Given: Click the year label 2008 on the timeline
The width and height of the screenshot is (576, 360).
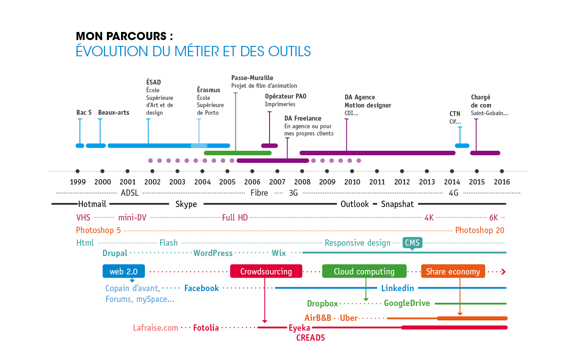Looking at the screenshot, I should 302,182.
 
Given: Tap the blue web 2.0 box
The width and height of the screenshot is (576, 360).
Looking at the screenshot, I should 124,271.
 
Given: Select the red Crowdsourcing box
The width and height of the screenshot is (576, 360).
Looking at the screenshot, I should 266,271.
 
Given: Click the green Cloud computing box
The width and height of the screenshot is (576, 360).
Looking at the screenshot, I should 364,271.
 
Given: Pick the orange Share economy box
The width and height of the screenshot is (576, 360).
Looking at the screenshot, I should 453,271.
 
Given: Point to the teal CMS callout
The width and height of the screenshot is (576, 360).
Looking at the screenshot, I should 412,243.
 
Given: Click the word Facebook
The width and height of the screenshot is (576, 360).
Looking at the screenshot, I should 202,288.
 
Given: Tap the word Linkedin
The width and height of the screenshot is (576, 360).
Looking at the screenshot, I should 397,288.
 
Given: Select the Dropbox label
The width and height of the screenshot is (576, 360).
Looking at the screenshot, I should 322,304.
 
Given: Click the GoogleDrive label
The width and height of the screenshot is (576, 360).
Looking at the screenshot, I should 407,304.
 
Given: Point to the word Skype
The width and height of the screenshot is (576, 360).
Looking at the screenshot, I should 186,204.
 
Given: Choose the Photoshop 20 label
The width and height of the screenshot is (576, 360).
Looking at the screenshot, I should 480,230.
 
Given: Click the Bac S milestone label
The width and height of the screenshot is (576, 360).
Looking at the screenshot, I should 84,112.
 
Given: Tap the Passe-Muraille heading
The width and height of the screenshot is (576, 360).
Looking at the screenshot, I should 252,78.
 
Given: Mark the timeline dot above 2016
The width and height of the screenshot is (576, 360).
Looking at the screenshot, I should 502,171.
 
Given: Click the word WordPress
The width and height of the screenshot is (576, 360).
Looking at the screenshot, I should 213,253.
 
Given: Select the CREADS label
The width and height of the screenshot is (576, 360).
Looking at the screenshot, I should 310,338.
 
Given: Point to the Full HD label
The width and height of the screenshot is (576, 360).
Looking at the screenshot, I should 235,218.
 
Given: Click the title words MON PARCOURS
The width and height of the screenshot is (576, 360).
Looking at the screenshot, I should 124,36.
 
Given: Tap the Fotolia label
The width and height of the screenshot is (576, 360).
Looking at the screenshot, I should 206,328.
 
